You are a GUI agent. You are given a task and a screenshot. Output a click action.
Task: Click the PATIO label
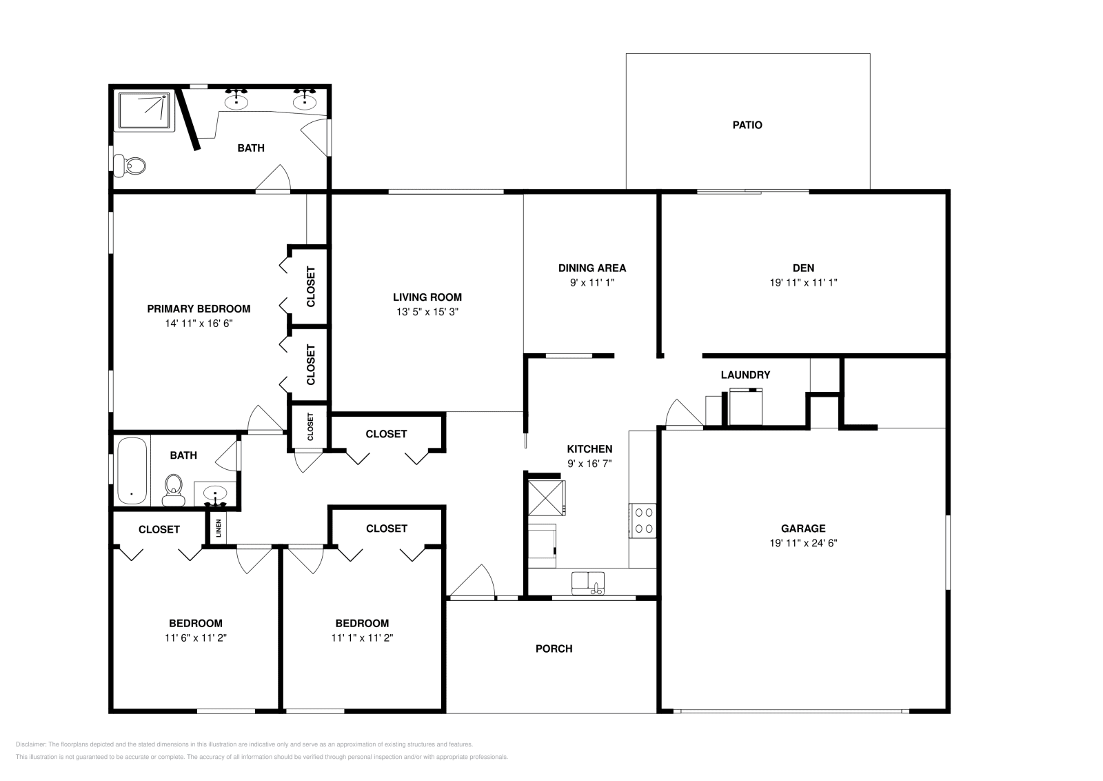(747, 125)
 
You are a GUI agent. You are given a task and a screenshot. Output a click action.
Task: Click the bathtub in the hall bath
(132, 471)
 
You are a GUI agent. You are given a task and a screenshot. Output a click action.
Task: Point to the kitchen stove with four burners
(642, 520)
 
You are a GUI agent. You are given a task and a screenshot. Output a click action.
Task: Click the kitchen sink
(588, 583)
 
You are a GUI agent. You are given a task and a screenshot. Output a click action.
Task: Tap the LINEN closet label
(219, 528)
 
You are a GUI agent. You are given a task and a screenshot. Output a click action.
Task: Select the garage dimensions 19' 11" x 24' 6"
(803, 543)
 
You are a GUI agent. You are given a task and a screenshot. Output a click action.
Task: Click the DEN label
(803, 268)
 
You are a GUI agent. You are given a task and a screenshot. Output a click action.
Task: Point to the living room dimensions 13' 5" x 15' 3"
(427, 312)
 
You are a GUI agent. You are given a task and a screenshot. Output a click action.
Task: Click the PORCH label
(554, 649)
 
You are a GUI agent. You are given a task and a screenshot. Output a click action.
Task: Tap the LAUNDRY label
(745, 375)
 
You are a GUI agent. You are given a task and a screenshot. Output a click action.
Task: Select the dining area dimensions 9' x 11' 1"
(592, 283)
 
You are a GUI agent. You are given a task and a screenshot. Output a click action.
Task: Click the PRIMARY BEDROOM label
(199, 309)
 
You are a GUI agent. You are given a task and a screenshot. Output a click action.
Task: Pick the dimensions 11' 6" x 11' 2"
(196, 637)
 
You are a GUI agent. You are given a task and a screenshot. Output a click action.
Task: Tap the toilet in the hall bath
(173, 490)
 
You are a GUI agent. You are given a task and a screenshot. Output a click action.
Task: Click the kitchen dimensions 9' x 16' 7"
(589, 464)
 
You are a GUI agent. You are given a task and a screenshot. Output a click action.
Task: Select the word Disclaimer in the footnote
(30, 744)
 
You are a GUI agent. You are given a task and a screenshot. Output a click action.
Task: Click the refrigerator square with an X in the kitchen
(546, 497)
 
